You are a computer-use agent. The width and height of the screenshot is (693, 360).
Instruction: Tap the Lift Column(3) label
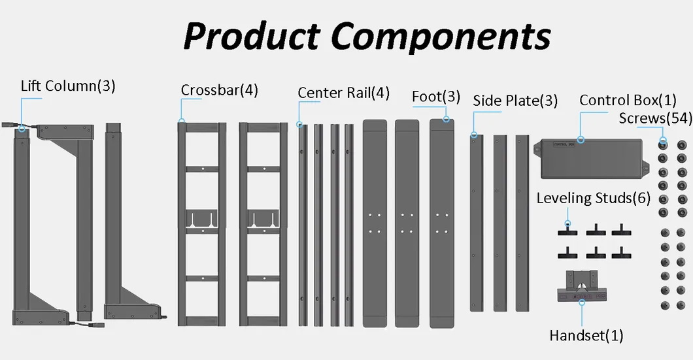pos(68,86)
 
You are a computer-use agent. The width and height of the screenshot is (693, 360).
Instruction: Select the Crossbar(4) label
pos(220,90)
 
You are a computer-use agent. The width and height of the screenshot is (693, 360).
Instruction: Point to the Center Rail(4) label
pos(343,93)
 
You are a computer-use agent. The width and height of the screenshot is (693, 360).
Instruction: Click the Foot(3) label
pos(436,97)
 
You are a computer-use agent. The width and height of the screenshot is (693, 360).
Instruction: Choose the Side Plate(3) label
pos(515,101)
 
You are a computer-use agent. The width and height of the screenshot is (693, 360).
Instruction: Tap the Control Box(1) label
pos(628,101)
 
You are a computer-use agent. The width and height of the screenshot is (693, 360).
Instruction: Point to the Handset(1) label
pos(586,336)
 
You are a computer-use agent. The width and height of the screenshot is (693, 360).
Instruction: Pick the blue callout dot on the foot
pos(447,120)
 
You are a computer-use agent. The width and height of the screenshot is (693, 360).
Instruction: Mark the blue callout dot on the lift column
pos(22,128)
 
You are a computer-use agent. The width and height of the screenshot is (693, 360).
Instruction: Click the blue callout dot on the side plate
pos(474,135)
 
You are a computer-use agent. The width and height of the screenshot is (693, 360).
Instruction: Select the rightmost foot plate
pos(442,222)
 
